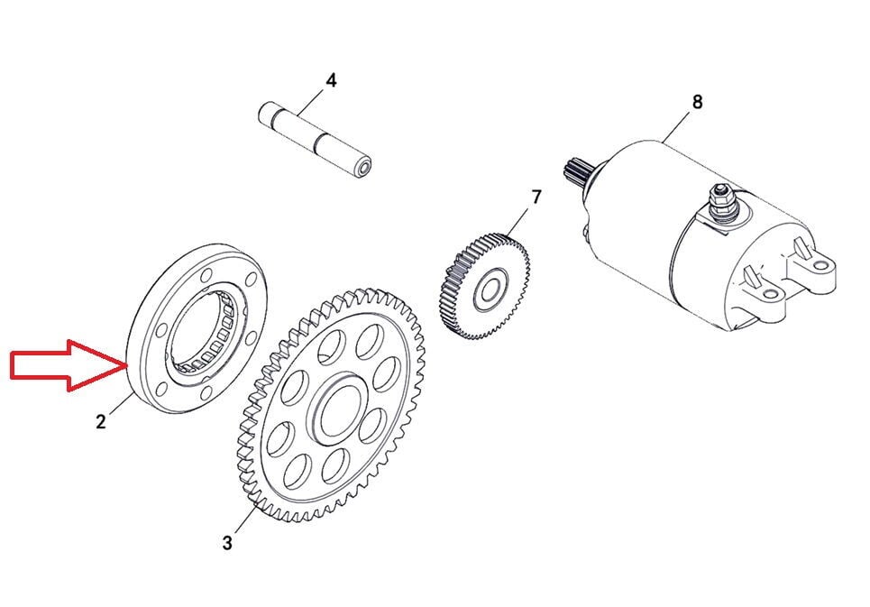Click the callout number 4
pyautogui.click(x=332, y=80)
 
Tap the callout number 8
pyautogui.click(x=697, y=102)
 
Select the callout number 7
pyautogui.click(x=536, y=197)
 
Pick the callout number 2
pyautogui.click(x=101, y=420)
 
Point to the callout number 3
pyautogui.click(x=227, y=543)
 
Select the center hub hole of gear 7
pyautogui.click(x=490, y=291)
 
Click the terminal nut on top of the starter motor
pyautogui.click(x=721, y=194)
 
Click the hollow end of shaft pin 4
pyautogui.click(x=362, y=167)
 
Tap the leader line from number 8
pyautogui.click(x=678, y=124)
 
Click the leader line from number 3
pyautogui.click(x=241, y=520)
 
